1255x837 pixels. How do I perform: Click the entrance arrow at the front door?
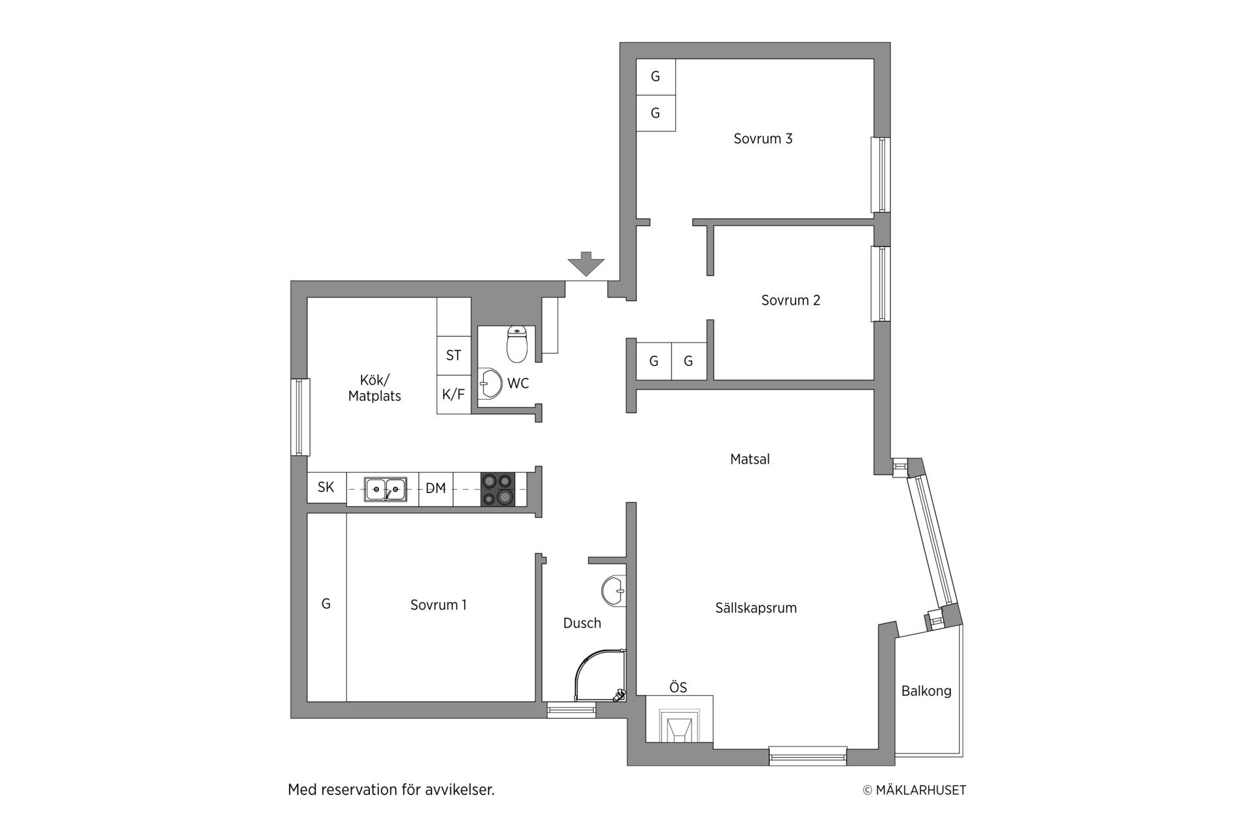[x=586, y=264]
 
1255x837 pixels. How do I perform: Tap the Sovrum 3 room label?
[x=763, y=139]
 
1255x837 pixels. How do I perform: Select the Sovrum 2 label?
[x=790, y=300]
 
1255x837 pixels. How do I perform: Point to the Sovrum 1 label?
[x=438, y=605]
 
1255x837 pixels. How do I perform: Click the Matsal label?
[x=750, y=459]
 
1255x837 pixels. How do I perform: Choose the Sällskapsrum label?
[x=756, y=608]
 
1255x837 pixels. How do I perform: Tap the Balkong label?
[x=926, y=691]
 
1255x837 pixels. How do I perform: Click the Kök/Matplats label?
[x=375, y=388]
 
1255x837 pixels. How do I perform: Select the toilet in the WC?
[x=517, y=345]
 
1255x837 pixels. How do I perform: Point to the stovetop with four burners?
[x=497, y=489]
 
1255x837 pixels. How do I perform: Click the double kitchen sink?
[x=385, y=489]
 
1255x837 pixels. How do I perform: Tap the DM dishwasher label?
[x=435, y=488]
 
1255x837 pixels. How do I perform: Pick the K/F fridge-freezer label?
[x=453, y=394]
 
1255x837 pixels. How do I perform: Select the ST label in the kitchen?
[x=454, y=355]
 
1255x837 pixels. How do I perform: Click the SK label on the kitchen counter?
[x=326, y=487]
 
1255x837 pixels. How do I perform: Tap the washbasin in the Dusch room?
[x=613, y=590]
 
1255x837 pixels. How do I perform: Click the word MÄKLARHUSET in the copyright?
[x=920, y=790]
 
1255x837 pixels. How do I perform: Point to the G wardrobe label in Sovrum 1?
[x=326, y=604]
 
